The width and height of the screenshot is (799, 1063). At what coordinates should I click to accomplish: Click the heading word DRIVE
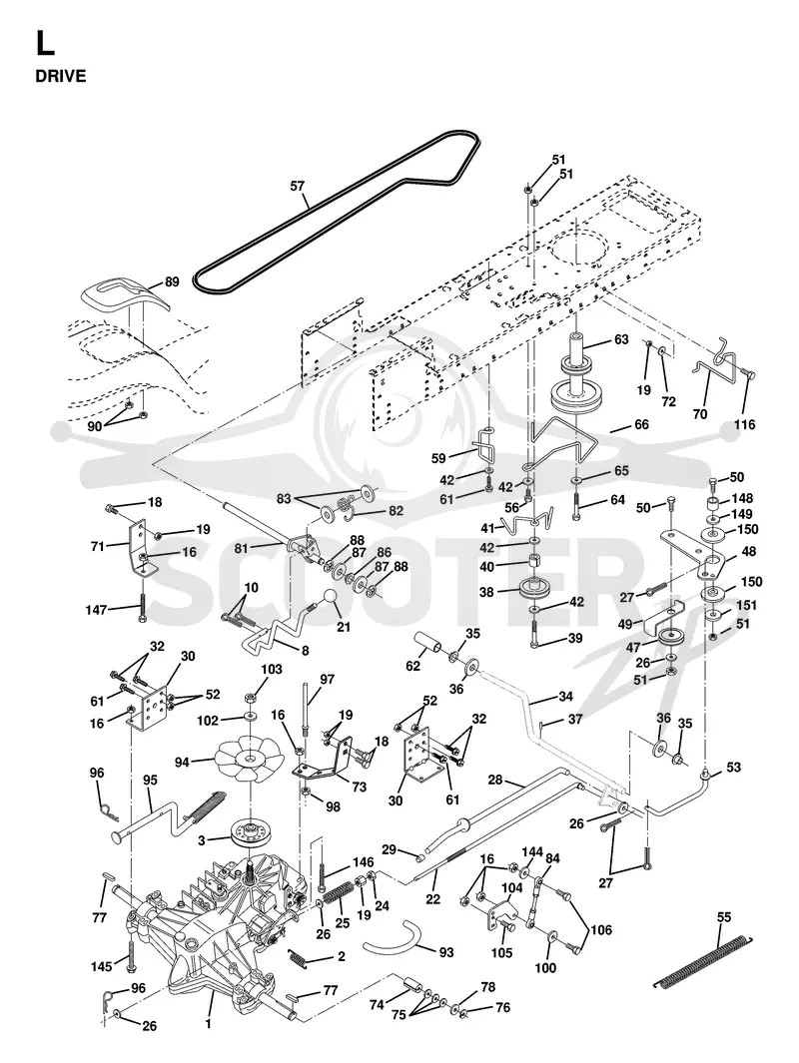61,76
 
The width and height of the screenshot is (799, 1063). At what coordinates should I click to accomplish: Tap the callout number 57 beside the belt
297,186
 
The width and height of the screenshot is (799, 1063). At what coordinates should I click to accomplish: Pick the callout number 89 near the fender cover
172,281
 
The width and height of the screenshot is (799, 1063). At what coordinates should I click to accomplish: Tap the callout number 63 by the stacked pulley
621,339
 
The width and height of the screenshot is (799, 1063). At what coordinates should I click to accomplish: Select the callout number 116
744,424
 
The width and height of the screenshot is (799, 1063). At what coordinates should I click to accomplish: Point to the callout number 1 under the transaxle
208,1024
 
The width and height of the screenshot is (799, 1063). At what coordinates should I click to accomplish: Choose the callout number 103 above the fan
272,669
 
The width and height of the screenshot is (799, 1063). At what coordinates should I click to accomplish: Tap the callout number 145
102,967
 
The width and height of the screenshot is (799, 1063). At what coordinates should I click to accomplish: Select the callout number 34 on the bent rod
565,697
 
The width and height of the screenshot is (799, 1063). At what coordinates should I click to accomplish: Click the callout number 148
742,499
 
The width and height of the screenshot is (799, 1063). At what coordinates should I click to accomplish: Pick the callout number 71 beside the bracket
98,546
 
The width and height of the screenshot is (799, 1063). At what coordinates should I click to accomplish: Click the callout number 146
364,862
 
